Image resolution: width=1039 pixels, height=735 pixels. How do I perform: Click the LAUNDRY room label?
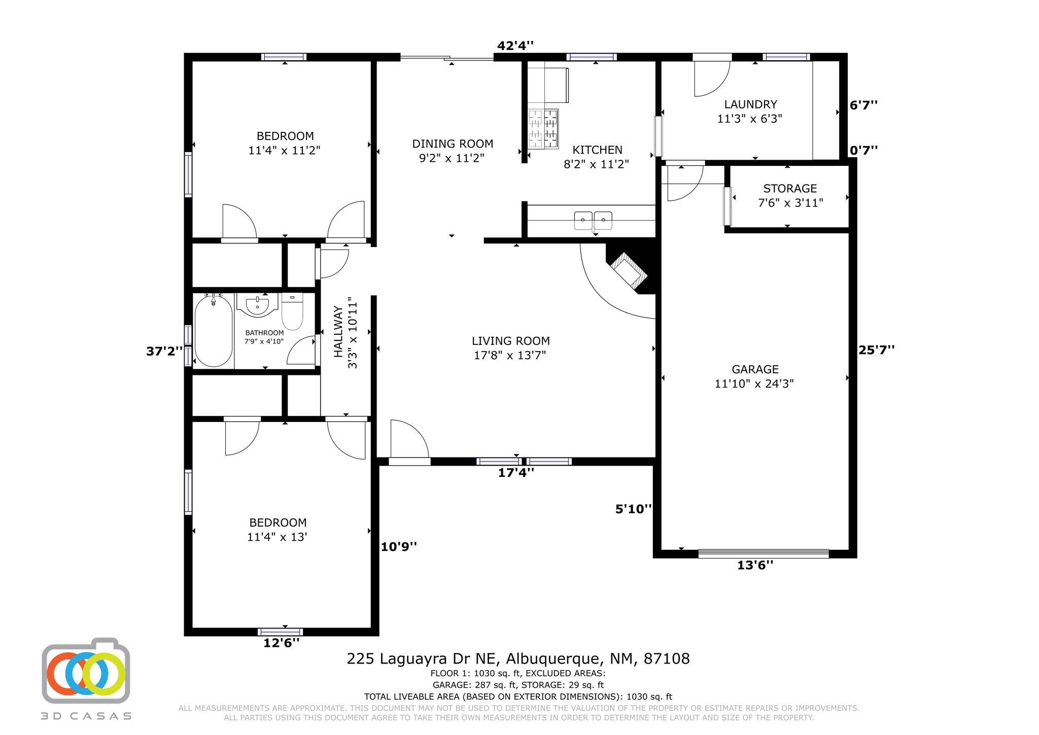(750, 104)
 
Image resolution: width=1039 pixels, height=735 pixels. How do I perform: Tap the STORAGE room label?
(790, 189)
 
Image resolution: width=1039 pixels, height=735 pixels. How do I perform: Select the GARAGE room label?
(755, 369)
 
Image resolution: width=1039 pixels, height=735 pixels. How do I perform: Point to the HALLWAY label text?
(338, 331)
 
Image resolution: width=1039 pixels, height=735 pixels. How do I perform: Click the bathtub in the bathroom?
(214, 331)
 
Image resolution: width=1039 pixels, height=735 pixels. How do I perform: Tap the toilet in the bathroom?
(292, 311)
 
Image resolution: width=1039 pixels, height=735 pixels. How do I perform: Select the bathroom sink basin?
(259, 306)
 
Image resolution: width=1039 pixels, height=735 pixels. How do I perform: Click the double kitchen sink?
(593, 221)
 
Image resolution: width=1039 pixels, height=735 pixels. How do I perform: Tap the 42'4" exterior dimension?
(515, 46)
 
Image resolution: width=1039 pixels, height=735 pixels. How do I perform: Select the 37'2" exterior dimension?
(164, 351)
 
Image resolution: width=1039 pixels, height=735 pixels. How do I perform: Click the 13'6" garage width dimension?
(755, 565)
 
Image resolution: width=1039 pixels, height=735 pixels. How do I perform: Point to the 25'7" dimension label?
(876, 350)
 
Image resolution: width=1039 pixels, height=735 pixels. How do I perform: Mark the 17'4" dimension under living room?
(516, 473)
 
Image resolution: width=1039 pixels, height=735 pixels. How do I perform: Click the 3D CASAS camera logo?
(86, 670)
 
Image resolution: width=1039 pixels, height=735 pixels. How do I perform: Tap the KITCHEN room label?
(597, 150)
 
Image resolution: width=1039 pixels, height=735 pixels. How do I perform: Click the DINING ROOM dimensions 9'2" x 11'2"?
(452, 158)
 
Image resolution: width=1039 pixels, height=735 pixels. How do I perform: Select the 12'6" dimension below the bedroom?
(281, 643)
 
